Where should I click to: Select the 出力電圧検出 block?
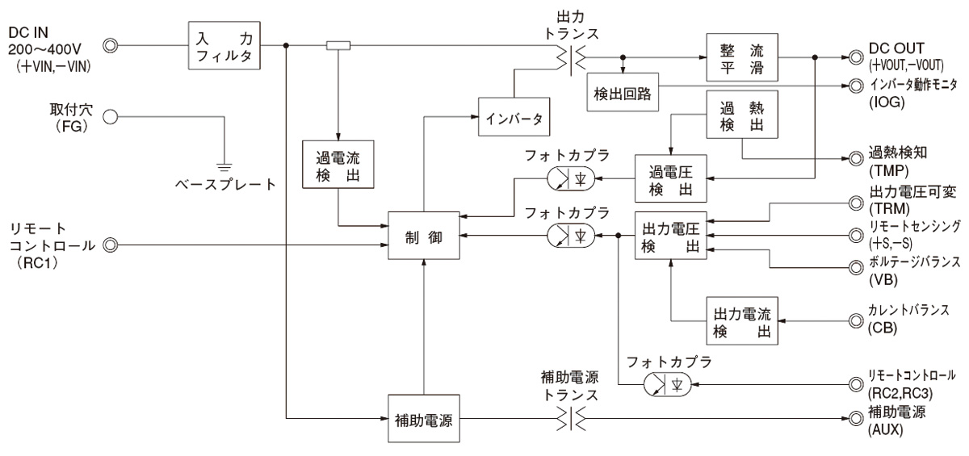point(670,235)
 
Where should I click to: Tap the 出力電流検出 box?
point(738,322)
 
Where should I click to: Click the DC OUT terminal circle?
point(854,57)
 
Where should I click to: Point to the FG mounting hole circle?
point(111,116)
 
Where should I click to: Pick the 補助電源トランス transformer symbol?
point(570,418)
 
